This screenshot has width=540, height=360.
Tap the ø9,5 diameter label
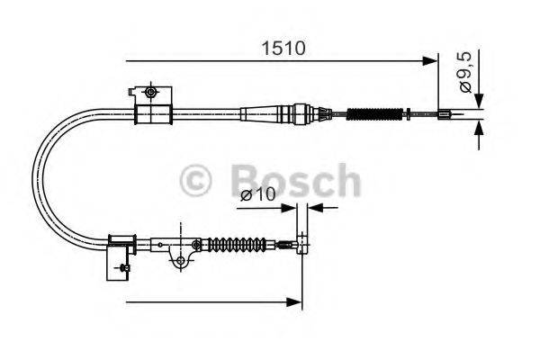click(465, 72)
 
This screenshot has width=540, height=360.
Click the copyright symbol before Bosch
click(196, 180)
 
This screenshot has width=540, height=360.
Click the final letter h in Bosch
click(345, 180)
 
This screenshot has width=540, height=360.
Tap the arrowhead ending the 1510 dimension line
click(430, 61)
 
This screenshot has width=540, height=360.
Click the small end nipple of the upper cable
click(444, 114)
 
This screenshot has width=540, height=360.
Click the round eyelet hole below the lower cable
click(181, 261)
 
